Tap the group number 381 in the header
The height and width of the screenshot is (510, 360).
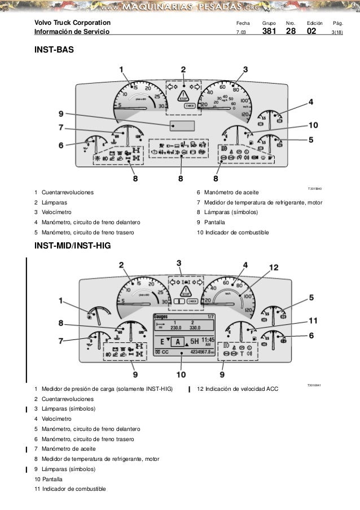click(x=269, y=31)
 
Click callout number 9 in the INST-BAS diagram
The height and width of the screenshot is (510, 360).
click(x=60, y=113)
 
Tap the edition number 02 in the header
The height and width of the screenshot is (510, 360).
click(x=311, y=31)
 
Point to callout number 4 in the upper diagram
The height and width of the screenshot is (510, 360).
click(x=311, y=102)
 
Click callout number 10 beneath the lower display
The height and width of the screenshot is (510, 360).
click(x=181, y=374)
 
